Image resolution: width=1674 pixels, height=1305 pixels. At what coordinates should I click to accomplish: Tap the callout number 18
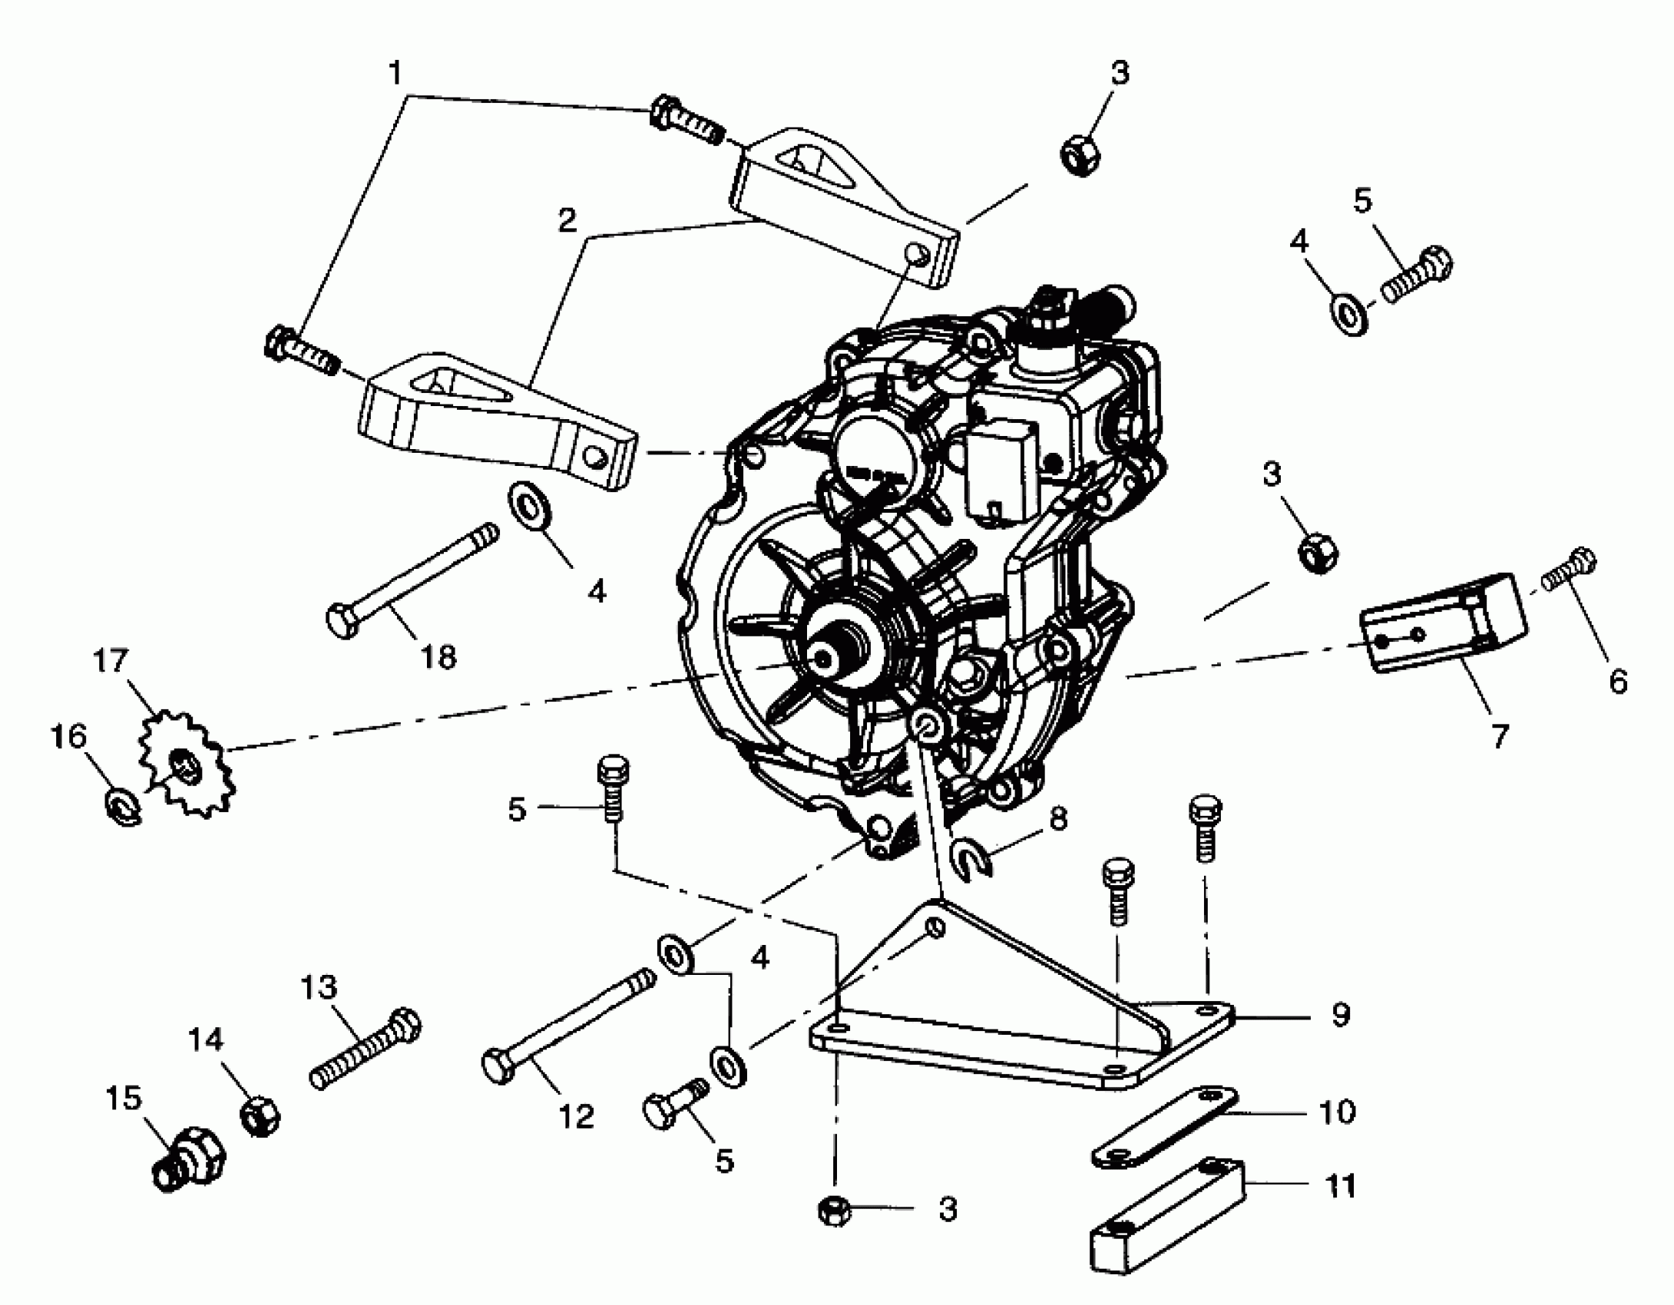coord(438,657)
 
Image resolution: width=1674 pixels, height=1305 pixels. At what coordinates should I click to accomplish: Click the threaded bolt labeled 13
coord(366,1048)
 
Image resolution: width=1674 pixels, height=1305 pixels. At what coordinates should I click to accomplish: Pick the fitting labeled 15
coord(188,1159)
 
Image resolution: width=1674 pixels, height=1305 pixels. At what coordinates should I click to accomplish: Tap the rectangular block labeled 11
coord(1167,1221)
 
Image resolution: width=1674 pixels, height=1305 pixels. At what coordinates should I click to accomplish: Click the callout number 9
coord(1341,1015)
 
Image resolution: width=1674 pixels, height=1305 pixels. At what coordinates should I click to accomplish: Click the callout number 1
coord(395,74)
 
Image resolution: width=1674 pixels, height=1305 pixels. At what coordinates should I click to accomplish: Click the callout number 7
coord(1500,736)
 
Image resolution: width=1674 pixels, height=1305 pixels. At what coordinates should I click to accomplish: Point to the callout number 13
coord(319,986)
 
